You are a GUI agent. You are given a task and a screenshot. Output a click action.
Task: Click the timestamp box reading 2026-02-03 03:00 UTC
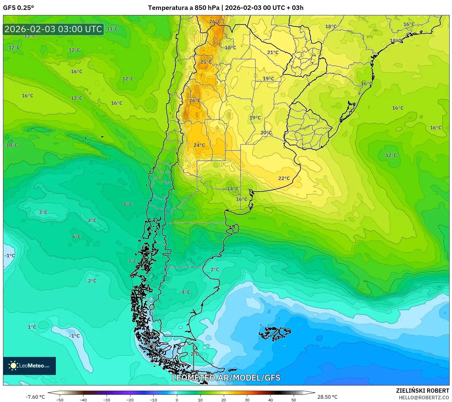[53, 29]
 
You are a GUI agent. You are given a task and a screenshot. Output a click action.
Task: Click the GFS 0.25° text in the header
[18, 8]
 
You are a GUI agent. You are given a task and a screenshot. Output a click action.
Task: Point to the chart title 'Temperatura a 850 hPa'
[184, 8]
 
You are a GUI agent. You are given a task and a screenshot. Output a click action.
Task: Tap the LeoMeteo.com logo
[29, 366]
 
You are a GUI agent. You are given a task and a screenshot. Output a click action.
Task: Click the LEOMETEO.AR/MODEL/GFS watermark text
[226, 378]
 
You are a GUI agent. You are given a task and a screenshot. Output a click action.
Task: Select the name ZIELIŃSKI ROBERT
[422, 391]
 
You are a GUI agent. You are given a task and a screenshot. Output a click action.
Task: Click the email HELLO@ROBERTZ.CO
[423, 397]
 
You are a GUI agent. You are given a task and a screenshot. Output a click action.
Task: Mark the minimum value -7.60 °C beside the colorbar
[35, 397]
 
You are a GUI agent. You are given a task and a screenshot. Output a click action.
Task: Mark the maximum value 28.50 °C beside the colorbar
[327, 397]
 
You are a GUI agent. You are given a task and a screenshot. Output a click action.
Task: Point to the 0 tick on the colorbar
[177, 400]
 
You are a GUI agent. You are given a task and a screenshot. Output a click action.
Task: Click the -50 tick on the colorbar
[60, 400]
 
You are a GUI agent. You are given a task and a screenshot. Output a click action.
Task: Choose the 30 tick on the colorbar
[247, 400]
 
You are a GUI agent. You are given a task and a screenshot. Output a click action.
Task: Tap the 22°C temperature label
[284, 178]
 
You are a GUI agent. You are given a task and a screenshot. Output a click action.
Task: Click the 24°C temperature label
[199, 145]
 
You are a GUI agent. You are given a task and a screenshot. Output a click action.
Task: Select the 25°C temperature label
[206, 62]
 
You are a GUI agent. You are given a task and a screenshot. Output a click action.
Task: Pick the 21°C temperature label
[273, 52]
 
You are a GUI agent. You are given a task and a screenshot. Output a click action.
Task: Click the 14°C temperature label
[232, 189]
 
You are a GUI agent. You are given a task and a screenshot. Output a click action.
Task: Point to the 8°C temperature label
[128, 204]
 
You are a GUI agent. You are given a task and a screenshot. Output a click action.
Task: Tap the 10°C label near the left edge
[12, 145]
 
